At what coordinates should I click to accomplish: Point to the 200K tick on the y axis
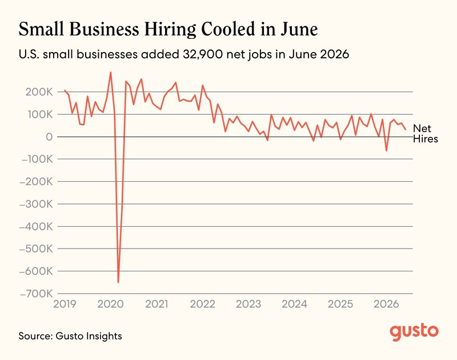tap(39, 92)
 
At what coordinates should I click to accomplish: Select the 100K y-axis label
tap(40, 114)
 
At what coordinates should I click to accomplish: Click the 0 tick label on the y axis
tap(49, 137)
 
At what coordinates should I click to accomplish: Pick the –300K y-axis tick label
tap(36, 204)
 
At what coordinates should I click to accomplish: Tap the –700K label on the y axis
tap(36, 294)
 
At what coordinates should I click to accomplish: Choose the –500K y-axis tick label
tap(36, 249)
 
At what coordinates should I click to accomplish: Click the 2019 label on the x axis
tap(65, 304)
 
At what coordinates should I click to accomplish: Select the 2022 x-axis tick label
tap(203, 304)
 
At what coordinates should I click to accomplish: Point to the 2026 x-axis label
tap(386, 304)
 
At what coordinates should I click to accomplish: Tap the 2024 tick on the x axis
tap(294, 304)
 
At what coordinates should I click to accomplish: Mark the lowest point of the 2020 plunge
tap(118, 282)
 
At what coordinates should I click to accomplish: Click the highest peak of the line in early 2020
tap(110, 73)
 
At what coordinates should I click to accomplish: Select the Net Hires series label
tap(425, 134)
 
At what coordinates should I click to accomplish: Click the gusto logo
tap(414, 332)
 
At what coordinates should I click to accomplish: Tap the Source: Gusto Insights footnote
tap(70, 336)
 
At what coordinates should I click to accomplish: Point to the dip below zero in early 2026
tap(387, 150)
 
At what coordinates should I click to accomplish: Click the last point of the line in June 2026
tap(405, 129)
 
